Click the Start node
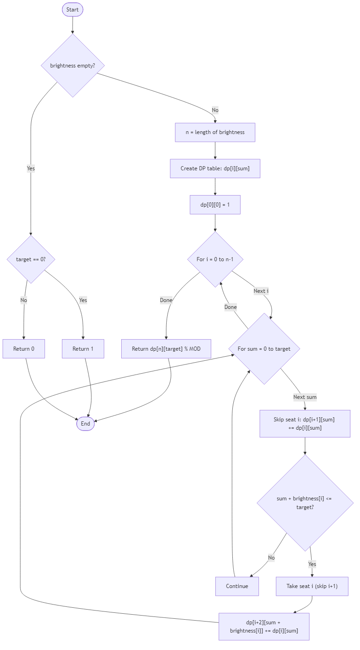tap(73, 10)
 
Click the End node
tap(85, 424)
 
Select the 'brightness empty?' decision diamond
tap(73, 66)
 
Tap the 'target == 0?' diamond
tap(31, 259)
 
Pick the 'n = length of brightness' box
tap(215, 132)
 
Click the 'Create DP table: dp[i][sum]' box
tap(215, 168)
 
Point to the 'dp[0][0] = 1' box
tap(215, 205)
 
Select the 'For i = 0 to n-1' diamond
tap(215, 259)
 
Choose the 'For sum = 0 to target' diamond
tap(264, 349)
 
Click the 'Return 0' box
tap(24, 349)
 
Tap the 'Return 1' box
tap(83, 349)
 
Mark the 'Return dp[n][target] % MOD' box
tap(166, 349)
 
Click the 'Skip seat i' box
tap(305, 424)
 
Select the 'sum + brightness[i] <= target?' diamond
tap(305, 503)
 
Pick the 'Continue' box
tap(237, 586)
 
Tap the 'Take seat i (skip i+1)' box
tap(312, 586)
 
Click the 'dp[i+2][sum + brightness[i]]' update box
tap(264, 627)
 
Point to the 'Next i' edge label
tap(261, 291)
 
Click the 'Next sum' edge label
tap(305, 397)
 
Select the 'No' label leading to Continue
tap(271, 558)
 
